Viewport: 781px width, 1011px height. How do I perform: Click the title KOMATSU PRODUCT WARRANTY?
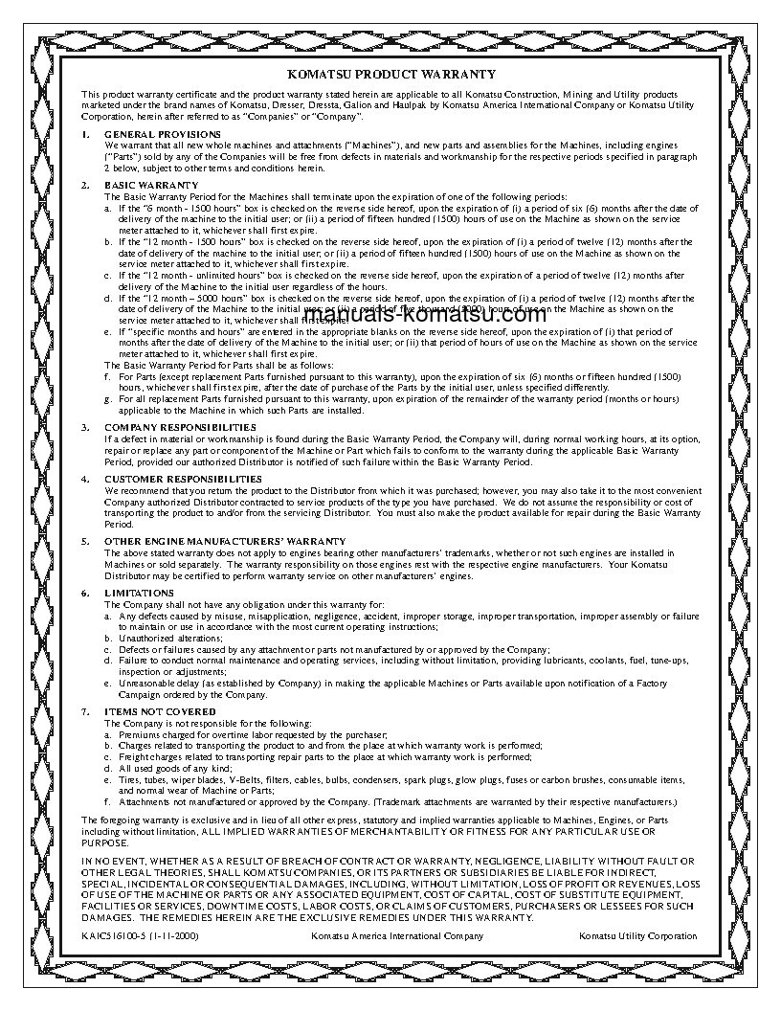tap(390, 74)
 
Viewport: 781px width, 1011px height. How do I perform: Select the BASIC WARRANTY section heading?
tap(151, 184)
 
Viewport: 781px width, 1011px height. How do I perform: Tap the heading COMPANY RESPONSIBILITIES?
tap(180, 426)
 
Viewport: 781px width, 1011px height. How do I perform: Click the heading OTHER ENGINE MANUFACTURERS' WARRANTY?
tap(218, 541)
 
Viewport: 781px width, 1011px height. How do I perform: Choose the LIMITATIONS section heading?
tap(140, 593)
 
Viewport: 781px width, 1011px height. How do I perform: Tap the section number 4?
tap(85, 478)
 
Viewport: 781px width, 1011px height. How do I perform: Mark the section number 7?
tap(85, 711)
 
